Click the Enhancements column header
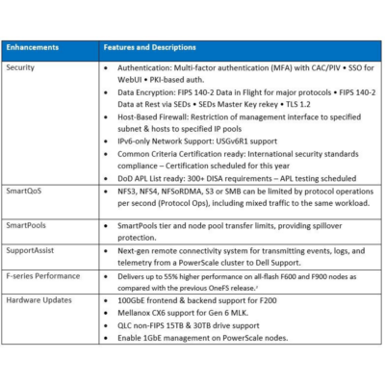point(32,46)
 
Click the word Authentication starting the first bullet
point(146,67)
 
